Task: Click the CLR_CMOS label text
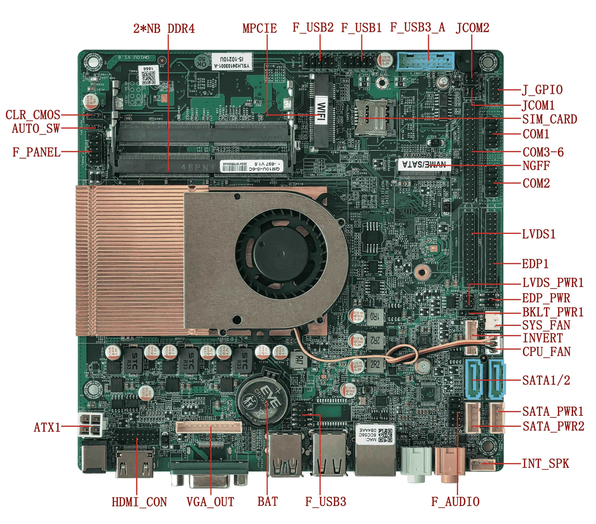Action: point(33,115)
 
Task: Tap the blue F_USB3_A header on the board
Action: point(425,62)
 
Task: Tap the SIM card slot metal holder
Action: point(375,117)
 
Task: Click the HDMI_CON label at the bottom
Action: point(139,502)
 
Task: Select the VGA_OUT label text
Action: point(210,502)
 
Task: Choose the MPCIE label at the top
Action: point(260,28)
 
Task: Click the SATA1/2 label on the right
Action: point(546,380)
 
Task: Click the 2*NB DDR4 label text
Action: point(164,28)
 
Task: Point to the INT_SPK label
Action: point(545,463)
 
